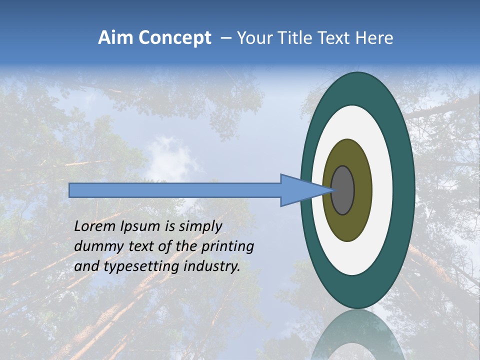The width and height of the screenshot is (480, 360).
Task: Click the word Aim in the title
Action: [x=116, y=38]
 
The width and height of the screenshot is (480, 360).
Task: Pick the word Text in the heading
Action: [x=335, y=38]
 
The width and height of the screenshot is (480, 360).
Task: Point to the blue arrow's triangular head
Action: [x=300, y=190]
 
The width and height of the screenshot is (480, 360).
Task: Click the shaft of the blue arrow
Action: [x=175, y=190]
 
